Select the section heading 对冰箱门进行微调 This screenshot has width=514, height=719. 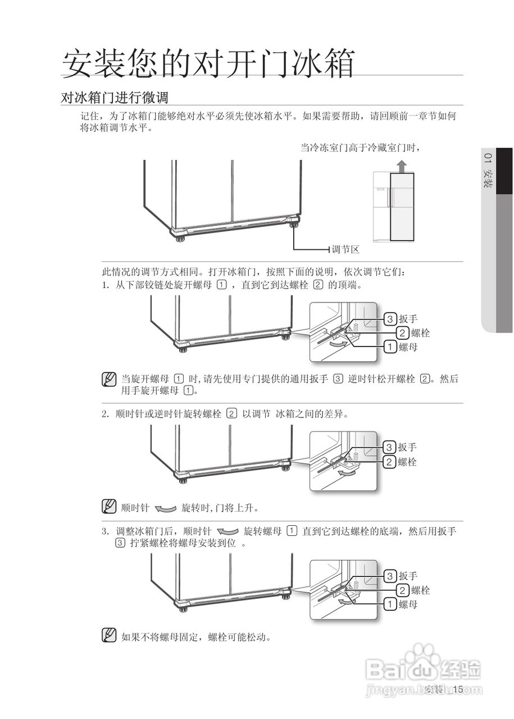tap(115, 97)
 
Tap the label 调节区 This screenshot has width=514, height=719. tap(345, 249)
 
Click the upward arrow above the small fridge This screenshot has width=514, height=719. tap(401, 166)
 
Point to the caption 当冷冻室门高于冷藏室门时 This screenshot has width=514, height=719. tap(360, 147)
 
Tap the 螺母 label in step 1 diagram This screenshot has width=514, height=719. tap(408, 347)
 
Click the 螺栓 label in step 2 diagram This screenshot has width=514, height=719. tap(408, 462)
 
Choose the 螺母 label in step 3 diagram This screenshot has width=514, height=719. tap(408, 604)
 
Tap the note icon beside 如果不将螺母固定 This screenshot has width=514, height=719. tap(109, 636)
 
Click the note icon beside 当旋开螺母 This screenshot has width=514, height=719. tap(109, 380)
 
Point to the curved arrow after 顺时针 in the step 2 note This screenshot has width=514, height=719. tap(165, 509)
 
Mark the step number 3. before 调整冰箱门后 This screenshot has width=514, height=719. tap(105, 531)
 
